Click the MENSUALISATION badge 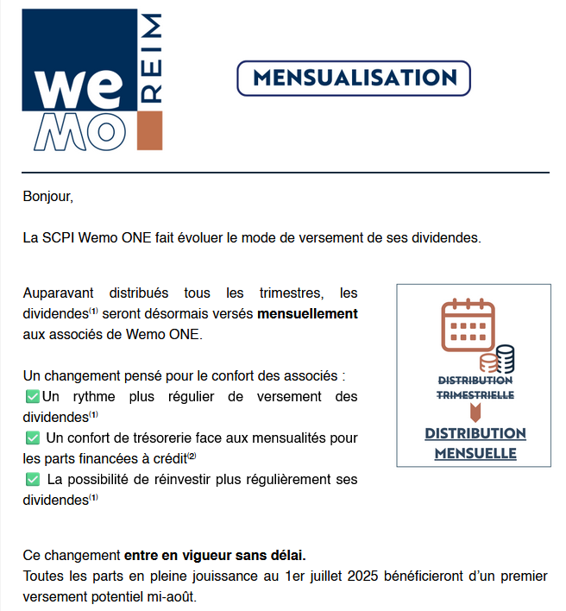coord(353,79)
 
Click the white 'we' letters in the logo coord(80,88)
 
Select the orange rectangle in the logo coord(150,130)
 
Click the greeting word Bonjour coord(48,197)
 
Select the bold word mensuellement coord(307,314)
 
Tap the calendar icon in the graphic coord(467,325)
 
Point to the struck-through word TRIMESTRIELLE coord(475,394)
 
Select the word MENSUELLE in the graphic coord(475,453)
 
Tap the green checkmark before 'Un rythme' coord(32,397)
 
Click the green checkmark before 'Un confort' coord(32,438)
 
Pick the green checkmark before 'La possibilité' coord(32,480)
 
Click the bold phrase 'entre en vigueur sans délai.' coord(215,555)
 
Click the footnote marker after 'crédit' coord(192,456)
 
